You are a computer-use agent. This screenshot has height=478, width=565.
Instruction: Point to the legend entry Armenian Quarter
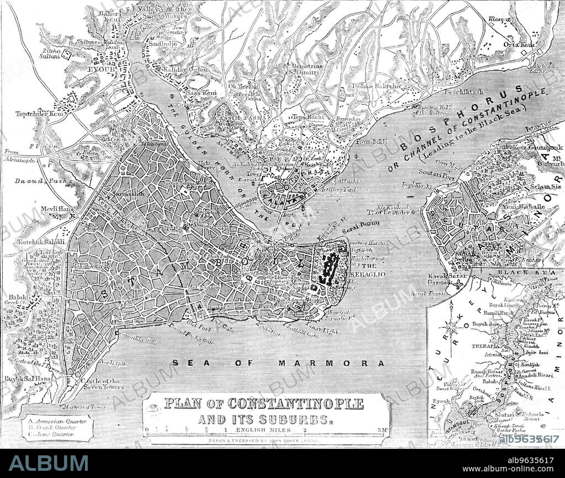(x=56, y=422)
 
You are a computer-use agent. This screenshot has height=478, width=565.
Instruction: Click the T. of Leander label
(x=393, y=212)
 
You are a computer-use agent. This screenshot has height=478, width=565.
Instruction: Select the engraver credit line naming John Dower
(x=268, y=441)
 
